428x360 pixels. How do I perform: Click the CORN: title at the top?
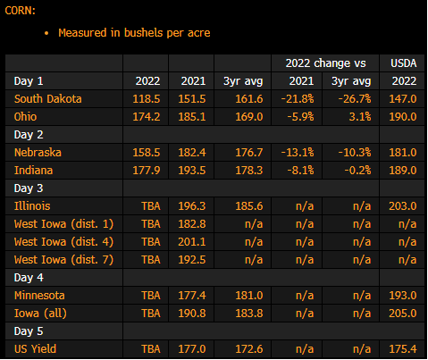(x=21, y=11)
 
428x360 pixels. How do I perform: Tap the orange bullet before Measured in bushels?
(x=46, y=33)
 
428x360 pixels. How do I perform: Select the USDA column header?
(x=404, y=63)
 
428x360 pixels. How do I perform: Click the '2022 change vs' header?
(x=325, y=63)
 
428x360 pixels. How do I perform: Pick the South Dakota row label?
(x=47, y=99)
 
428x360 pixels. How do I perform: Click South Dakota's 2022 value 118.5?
(x=147, y=99)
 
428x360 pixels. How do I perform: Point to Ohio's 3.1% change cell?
(x=360, y=117)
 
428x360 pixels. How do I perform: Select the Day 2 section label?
(x=29, y=135)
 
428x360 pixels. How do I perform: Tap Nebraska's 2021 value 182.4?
(x=192, y=153)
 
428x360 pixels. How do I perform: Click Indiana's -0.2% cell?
(x=357, y=171)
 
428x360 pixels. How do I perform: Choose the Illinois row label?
(x=32, y=206)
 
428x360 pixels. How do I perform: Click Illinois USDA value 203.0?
(x=403, y=206)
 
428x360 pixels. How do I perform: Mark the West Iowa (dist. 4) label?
(x=63, y=242)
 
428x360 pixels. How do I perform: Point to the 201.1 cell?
(x=192, y=242)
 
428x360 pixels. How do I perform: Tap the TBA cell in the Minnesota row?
(x=151, y=296)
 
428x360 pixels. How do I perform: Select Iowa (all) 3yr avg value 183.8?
(x=249, y=314)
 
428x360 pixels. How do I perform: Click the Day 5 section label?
(x=29, y=331)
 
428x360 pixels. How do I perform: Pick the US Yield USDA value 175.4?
(x=403, y=349)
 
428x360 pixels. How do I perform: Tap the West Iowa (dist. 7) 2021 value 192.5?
(x=192, y=260)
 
